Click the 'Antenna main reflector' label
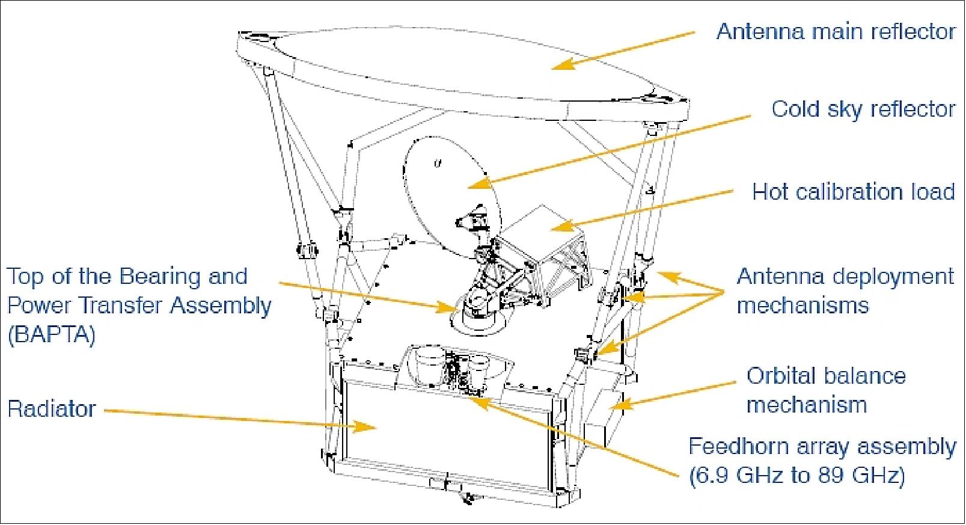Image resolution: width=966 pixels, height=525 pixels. click(836, 31)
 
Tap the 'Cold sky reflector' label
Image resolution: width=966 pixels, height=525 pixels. click(863, 109)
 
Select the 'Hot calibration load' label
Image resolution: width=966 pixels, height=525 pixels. click(854, 192)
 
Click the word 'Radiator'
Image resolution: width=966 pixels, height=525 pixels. click(52, 410)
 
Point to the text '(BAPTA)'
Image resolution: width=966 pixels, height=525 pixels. click(52, 335)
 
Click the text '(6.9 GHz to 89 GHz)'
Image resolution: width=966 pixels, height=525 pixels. click(796, 476)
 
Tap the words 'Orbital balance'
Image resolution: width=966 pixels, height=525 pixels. click(826, 376)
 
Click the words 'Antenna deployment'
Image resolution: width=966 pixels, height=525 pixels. click(845, 277)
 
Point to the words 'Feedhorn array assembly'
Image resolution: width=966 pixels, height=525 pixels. click(822, 447)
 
